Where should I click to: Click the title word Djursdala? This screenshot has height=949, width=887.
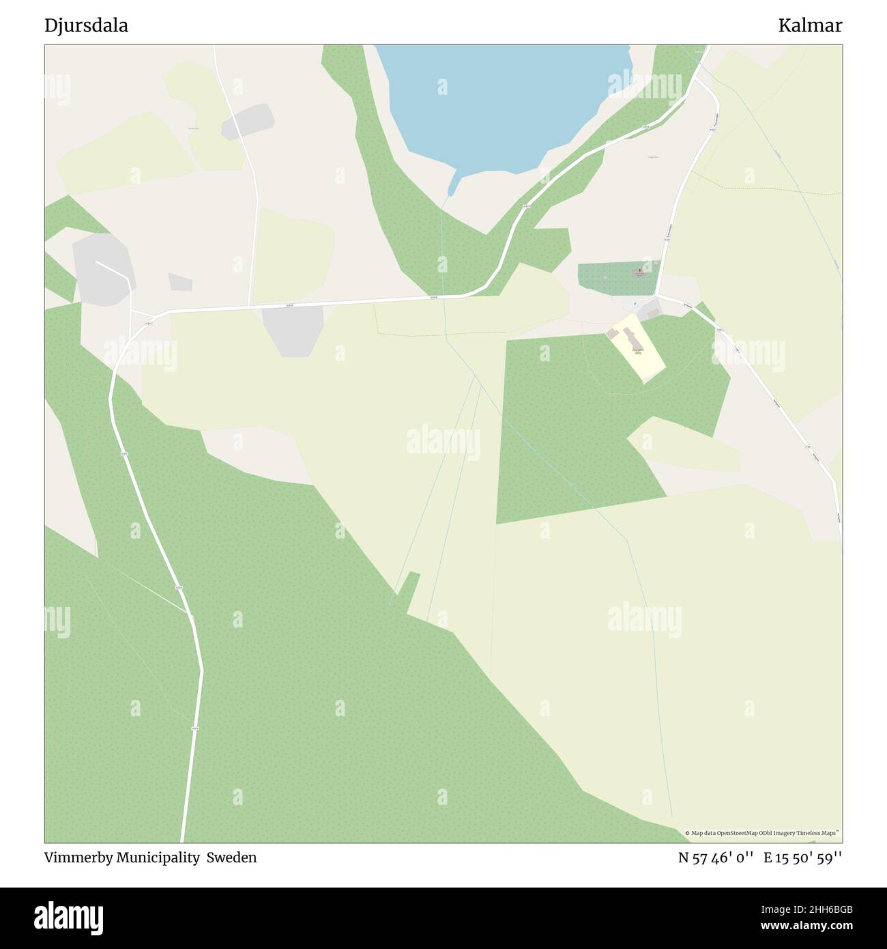coord(86,26)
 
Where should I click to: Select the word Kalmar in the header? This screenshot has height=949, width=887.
coord(810,26)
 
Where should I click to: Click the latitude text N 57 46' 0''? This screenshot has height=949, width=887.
coord(716,858)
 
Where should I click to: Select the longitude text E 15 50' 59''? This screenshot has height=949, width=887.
coord(803,858)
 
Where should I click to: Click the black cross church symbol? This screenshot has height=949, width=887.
coord(639,271)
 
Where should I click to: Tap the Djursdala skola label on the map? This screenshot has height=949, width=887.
coord(637,352)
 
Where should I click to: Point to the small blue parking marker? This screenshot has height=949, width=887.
coord(635,304)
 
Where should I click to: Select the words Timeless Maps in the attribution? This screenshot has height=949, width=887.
coord(819,833)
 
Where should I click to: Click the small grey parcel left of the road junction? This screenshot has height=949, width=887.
coord(180,282)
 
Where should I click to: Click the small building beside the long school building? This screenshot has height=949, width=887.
coord(612,333)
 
